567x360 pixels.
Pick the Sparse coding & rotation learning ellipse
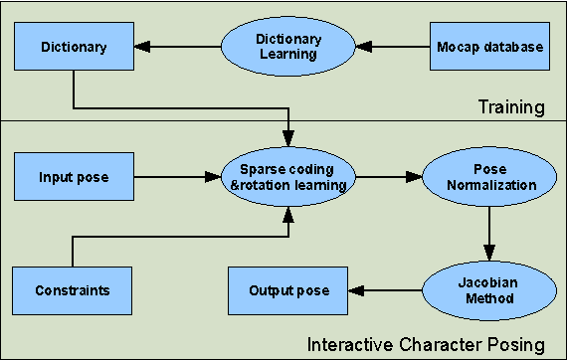[x=287, y=178]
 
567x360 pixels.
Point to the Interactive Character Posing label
[x=426, y=345]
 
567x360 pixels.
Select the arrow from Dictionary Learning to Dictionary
[x=183, y=47]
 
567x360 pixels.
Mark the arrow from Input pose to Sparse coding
[x=179, y=178]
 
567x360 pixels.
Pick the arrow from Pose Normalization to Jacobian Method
[x=486, y=234]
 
